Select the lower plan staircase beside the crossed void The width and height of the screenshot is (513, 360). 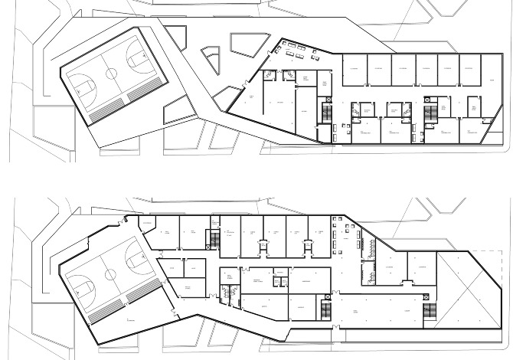point(430,312)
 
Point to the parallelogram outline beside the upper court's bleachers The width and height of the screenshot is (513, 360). point(175,108)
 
